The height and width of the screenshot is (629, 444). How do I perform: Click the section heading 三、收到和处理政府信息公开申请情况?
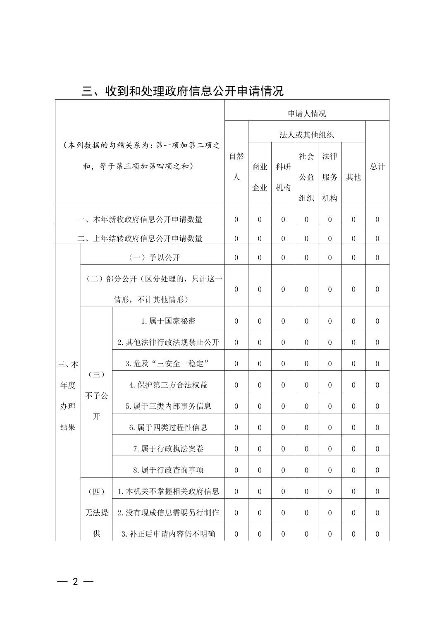[x=182, y=91]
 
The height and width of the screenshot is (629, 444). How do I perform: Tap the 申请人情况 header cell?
[x=307, y=114]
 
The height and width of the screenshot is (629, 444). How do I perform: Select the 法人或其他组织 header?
[x=307, y=135]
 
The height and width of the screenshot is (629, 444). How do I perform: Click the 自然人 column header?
[x=236, y=166]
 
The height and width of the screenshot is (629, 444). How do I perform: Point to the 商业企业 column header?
[x=260, y=177]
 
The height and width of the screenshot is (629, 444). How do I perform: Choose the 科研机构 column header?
[x=283, y=177]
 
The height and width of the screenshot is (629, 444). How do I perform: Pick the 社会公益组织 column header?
[x=306, y=177]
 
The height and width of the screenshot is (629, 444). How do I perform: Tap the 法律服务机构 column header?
[x=329, y=177]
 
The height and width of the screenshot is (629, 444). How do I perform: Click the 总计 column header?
[x=377, y=166]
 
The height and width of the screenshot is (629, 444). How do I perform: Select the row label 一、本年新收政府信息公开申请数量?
[x=140, y=219]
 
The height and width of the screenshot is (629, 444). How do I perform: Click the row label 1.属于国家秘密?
[x=168, y=321]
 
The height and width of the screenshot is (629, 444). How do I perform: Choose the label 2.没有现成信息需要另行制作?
[x=168, y=513]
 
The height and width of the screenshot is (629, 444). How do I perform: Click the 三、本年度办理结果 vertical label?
[x=68, y=395]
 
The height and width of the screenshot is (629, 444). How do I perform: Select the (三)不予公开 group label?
[x=96, y=395]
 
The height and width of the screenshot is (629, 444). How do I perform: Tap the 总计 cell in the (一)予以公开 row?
[x=377, y=258]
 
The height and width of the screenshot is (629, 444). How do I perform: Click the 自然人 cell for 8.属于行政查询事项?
[x=236, y=470]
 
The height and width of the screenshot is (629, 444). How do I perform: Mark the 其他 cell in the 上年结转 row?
[x=353, y=238]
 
